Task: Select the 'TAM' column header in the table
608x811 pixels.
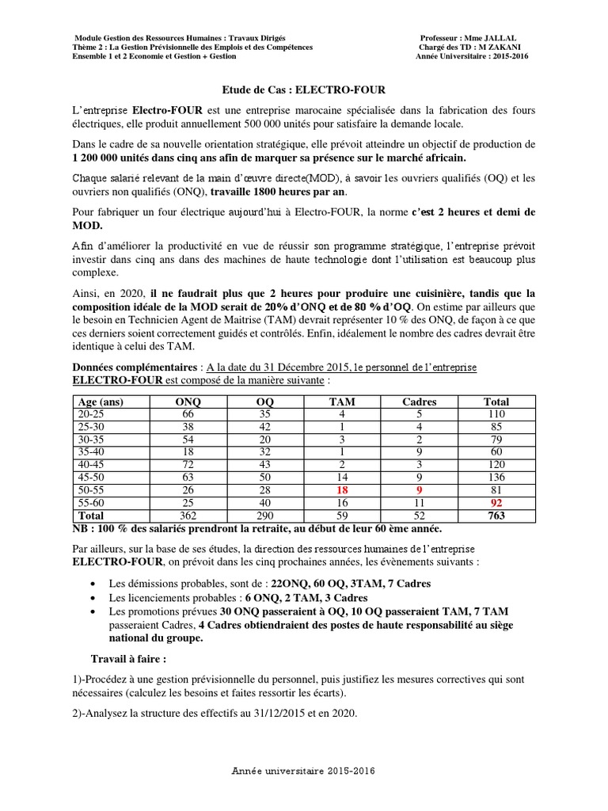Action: point(342,402)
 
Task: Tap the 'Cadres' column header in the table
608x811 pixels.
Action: point(420,402)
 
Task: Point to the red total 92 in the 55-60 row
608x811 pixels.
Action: point(496,504)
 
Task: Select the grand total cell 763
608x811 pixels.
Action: point(496,516)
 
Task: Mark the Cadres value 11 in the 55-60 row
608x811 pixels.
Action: point(420,504)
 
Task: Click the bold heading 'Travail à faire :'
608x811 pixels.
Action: point(129,658)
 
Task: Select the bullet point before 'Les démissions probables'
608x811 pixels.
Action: point(94,584)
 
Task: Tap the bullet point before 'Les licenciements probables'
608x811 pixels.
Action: point(94,598)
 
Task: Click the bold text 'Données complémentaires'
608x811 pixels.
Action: point(135,368)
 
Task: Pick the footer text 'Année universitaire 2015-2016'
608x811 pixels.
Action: point(304,770)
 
